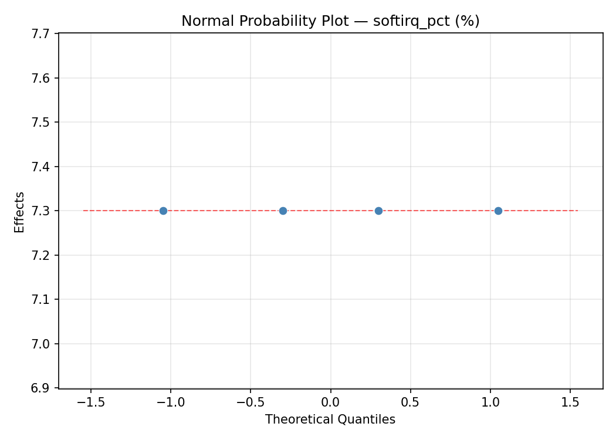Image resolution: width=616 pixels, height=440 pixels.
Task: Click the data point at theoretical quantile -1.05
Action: [x=163, y=211]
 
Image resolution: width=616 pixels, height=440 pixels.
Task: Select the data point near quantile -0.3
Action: [x=283, y=211]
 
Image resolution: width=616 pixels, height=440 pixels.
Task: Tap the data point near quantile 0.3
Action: [x=378, y=211]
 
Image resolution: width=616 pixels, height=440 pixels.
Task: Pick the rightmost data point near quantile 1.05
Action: [x=498, y=211]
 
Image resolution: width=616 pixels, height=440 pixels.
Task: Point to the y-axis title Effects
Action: [x=20, y=212]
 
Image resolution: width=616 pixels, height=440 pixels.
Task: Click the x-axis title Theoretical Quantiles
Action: [x=330, y=419]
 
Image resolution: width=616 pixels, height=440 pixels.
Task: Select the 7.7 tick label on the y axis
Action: [x=40, y=33]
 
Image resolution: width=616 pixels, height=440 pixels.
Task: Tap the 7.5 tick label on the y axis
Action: [x=40, y=122]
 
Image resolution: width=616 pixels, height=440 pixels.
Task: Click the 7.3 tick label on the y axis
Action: [x=40, y=211]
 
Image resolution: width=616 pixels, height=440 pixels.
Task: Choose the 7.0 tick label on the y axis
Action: [x=40, y=344]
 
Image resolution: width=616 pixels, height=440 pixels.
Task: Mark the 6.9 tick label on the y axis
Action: [x=40, y=388]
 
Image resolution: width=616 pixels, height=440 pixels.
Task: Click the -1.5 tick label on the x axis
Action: [x=91, y=403]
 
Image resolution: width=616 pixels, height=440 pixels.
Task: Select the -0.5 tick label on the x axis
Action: [x=251, y=403]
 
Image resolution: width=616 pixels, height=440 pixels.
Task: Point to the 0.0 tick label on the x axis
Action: [x=330, y=403]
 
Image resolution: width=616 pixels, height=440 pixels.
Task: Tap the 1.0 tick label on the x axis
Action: [x=490, y=403]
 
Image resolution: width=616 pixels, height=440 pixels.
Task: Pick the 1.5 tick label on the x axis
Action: [x=570, y=403]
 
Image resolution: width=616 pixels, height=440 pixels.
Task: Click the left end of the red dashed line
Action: [x=83, y=211]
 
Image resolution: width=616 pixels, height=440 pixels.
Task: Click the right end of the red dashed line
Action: [x=578, y=211]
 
